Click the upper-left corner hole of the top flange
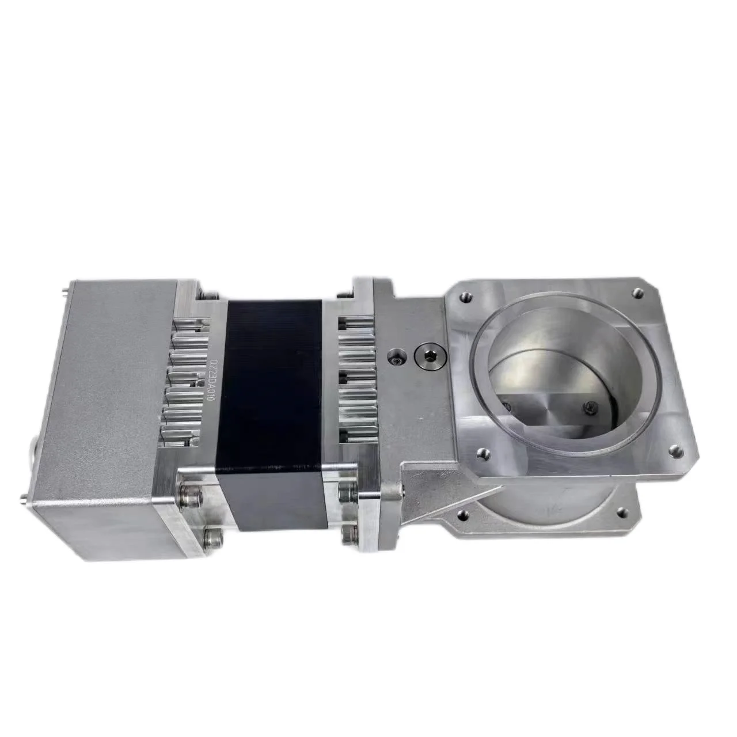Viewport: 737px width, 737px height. (466, 298)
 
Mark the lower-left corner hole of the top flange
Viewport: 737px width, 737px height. (484, 454)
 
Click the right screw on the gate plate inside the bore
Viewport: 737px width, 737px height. (588, 407)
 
